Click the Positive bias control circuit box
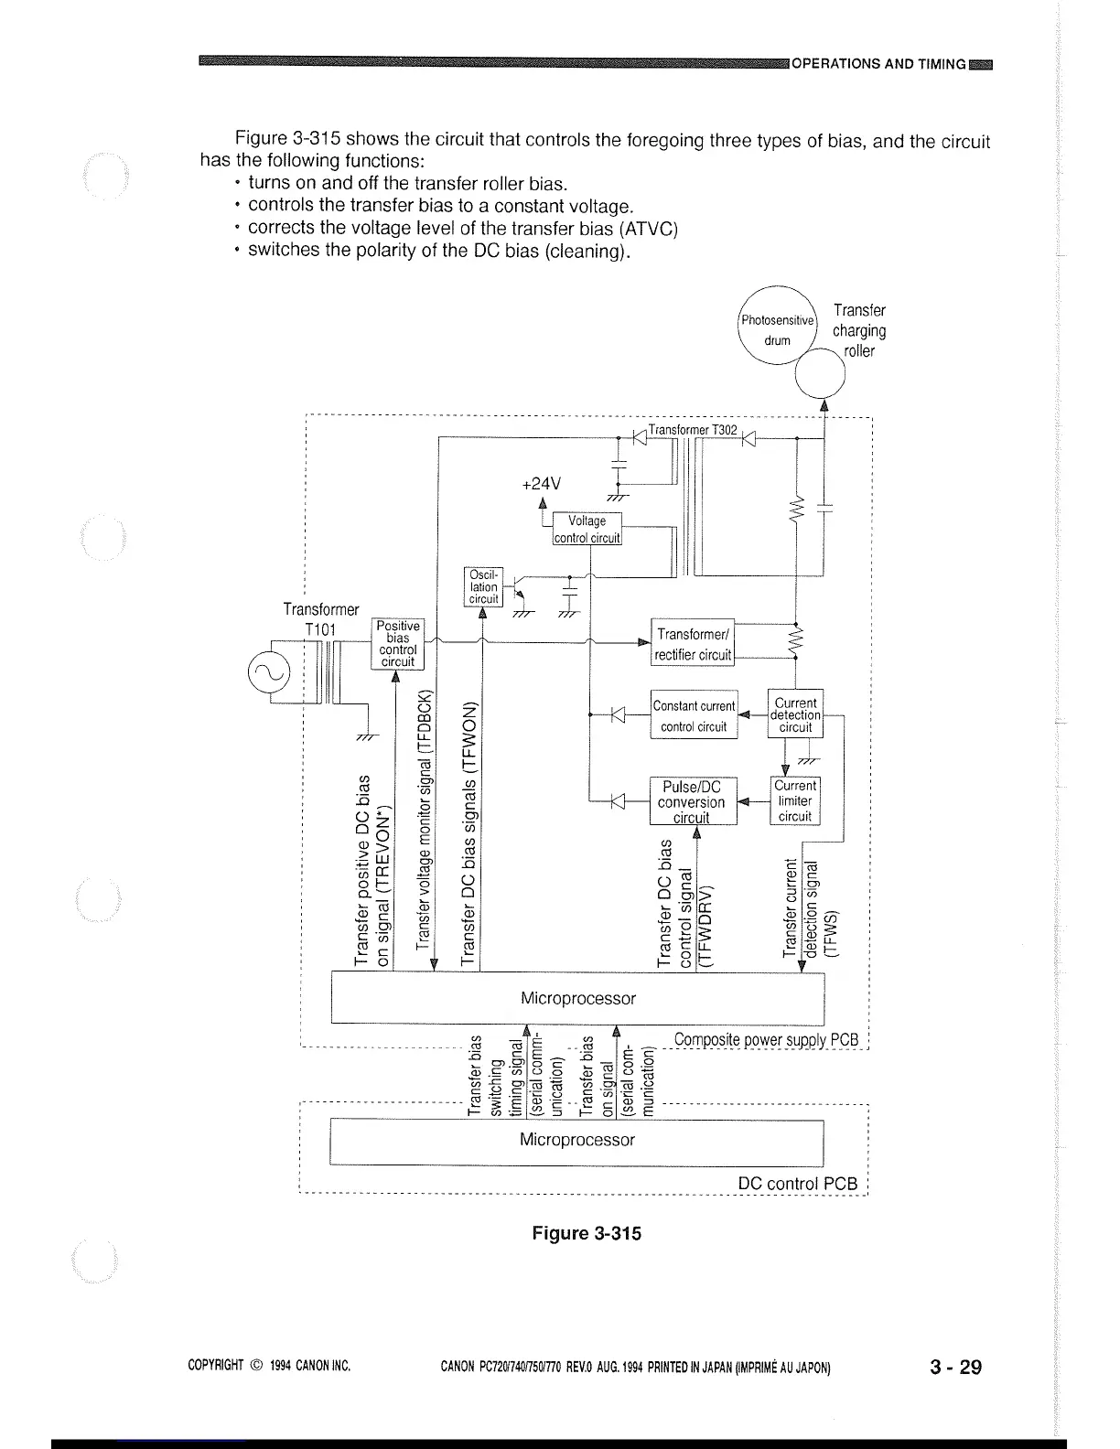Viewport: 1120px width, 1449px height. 397,644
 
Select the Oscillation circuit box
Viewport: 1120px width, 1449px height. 483,587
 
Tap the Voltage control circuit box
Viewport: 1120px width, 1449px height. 587,529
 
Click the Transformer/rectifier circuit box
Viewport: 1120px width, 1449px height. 693,644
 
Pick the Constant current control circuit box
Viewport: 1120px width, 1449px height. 693,715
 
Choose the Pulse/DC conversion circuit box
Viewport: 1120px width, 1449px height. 691,801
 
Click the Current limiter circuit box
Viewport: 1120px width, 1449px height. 795,800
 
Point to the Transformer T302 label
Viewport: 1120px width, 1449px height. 693,430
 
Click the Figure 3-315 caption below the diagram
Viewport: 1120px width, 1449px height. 587,1233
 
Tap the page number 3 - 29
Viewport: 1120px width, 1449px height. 954,1367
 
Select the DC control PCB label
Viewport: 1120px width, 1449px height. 798,1184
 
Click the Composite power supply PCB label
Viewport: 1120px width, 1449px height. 767,1040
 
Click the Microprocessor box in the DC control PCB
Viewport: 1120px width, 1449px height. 576,1140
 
